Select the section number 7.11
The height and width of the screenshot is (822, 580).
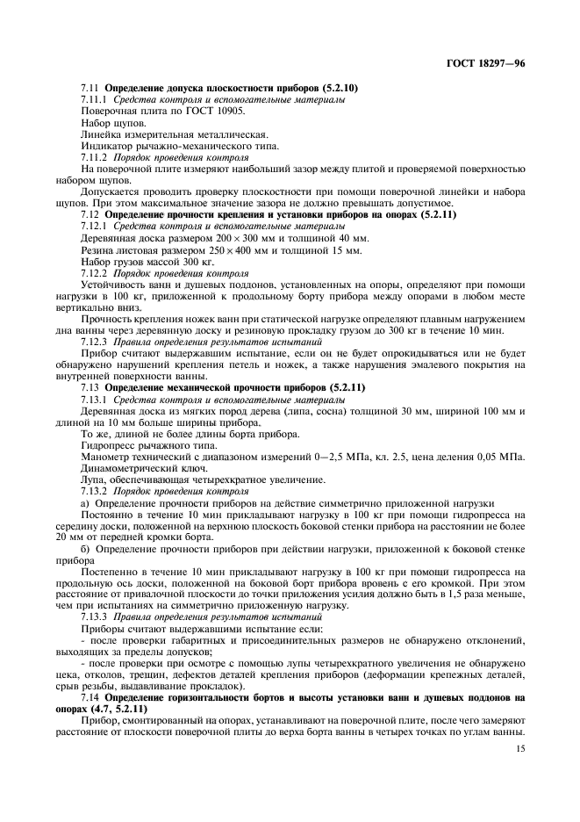(x=90, y=89)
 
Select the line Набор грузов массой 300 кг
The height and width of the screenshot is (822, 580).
(x=147, y=262)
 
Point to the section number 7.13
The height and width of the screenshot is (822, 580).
(x=90, y=387)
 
